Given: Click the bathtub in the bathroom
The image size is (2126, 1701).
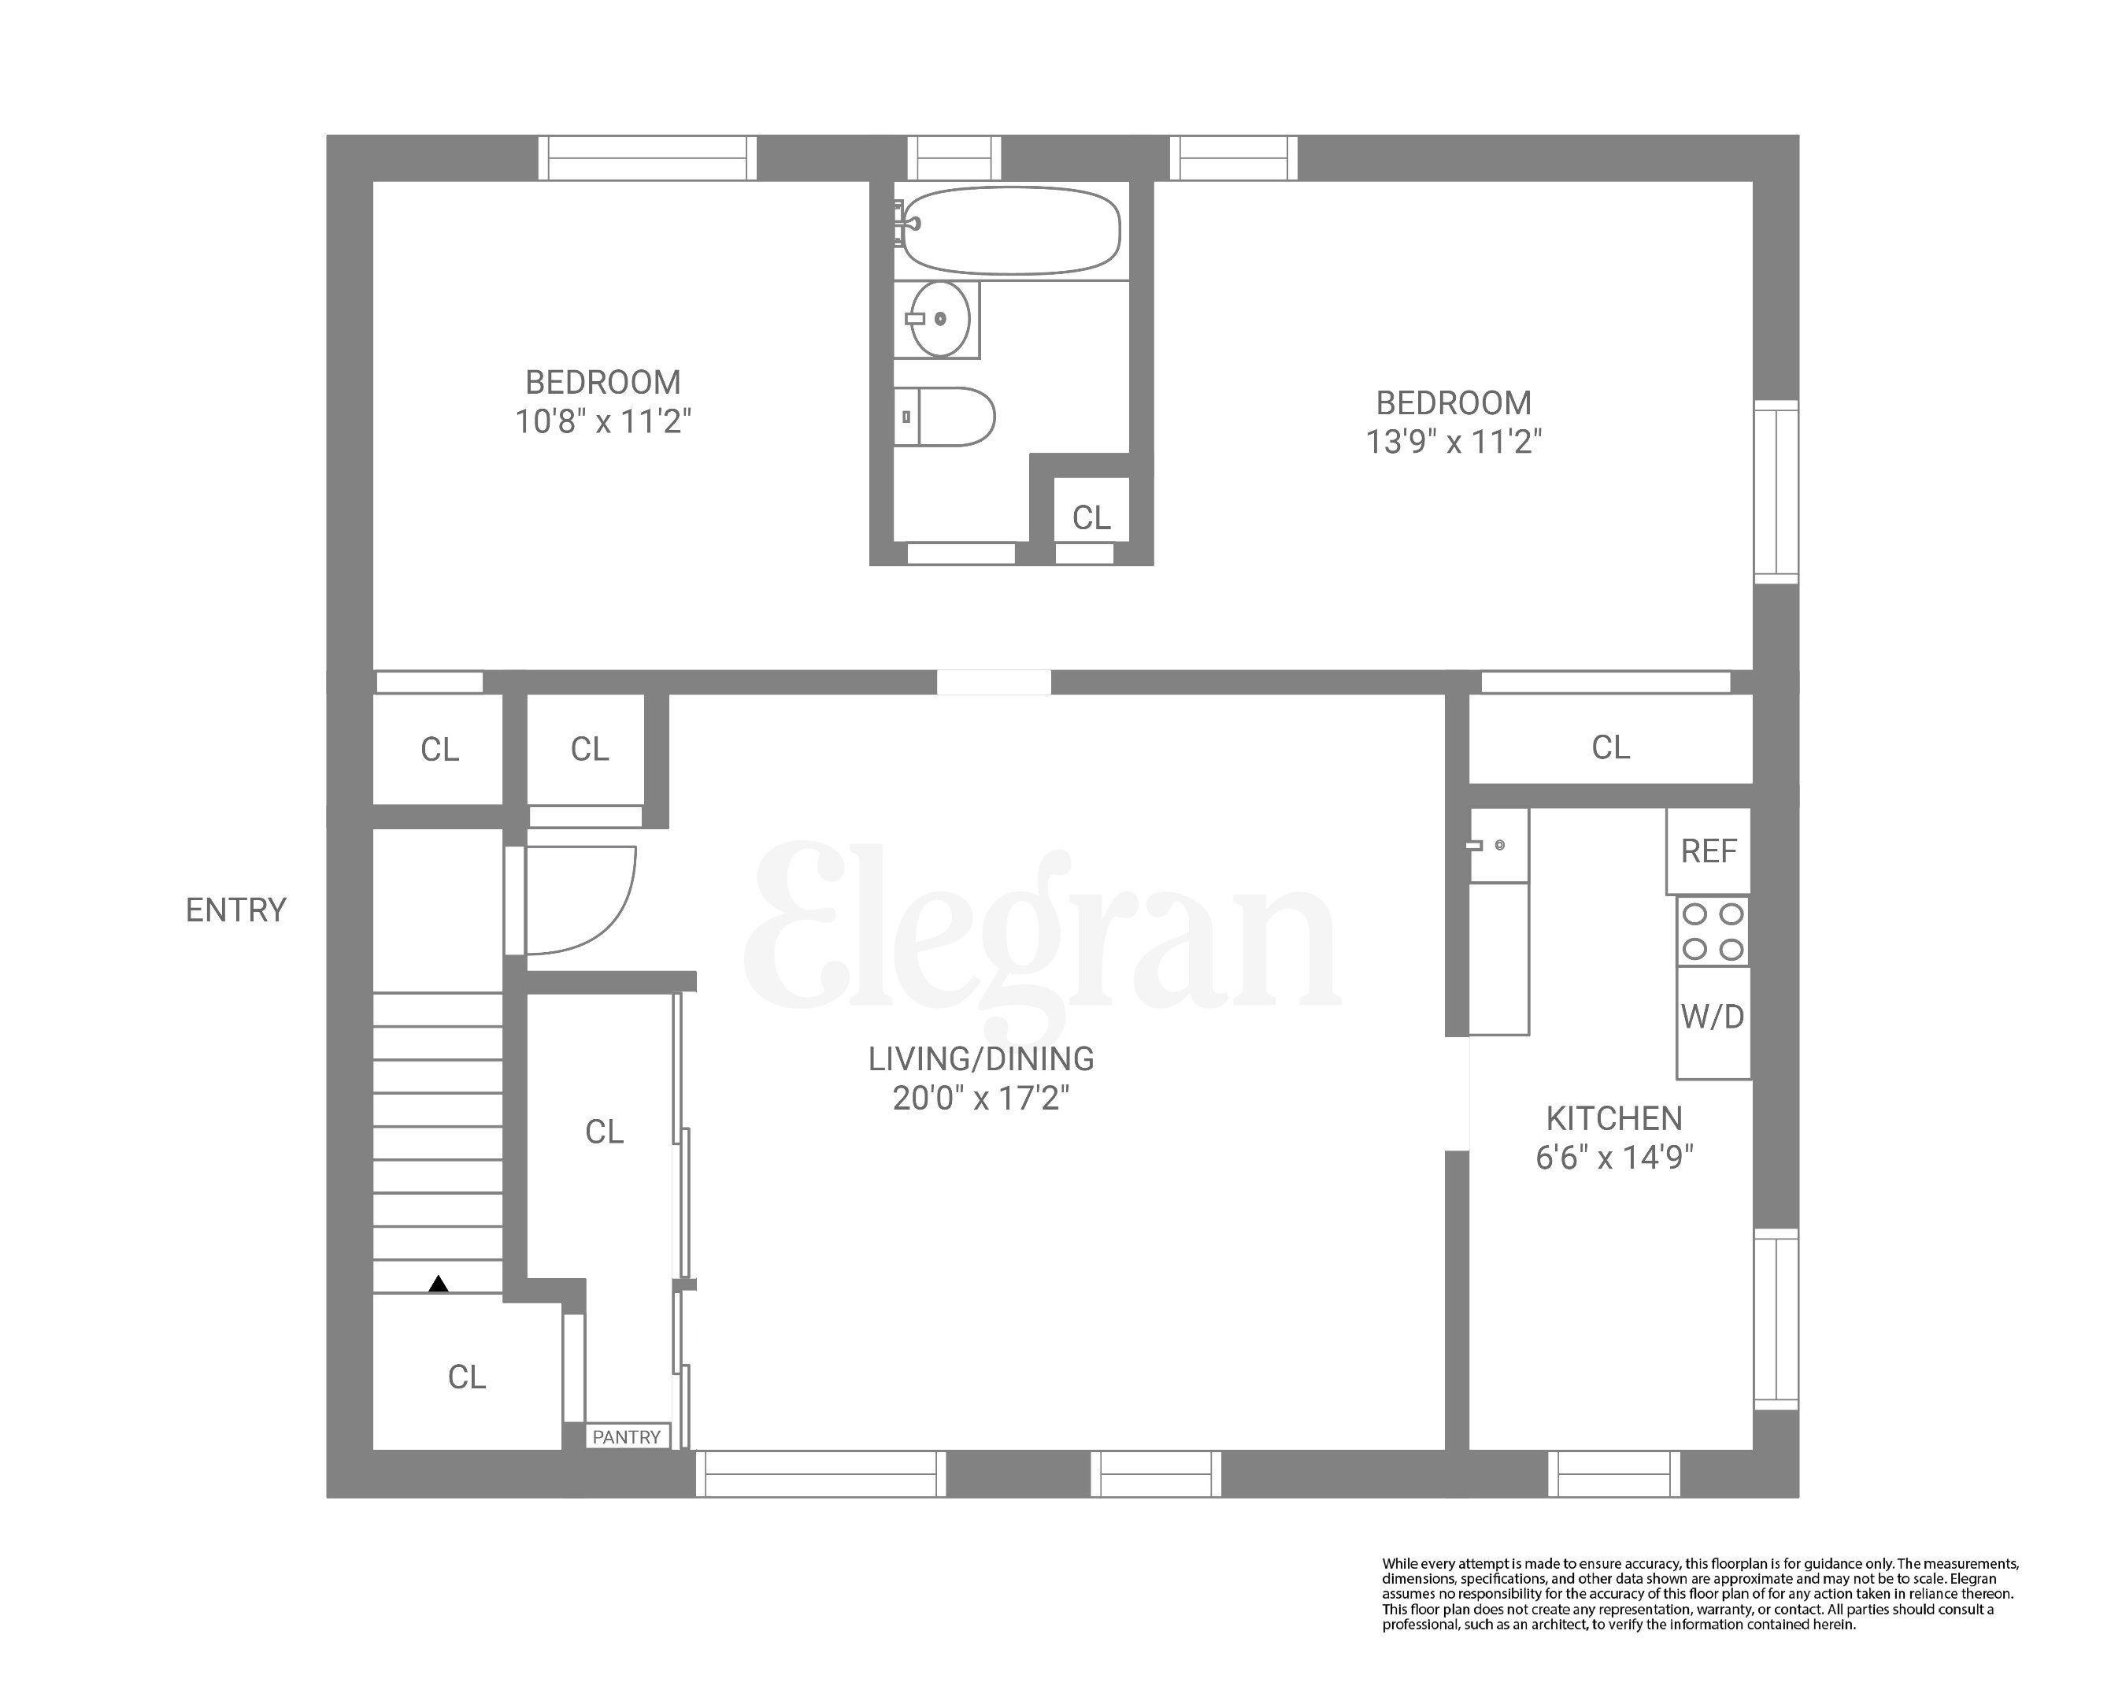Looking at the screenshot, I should point(1012,231).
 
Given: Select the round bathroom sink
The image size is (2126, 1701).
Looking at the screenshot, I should point(939,318).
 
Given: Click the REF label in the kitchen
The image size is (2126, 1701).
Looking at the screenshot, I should point(1709,851).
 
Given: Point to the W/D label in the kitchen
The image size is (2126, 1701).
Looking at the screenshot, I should point(1713,1017).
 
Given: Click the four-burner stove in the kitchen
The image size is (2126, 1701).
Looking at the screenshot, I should point(1713,931).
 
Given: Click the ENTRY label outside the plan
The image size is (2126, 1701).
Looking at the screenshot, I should point(235,910).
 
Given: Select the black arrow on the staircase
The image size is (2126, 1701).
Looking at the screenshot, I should point(439,1284).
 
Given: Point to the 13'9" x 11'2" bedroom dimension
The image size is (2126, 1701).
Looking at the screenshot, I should point(1454,442).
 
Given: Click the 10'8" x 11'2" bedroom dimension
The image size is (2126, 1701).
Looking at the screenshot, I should point(602,422).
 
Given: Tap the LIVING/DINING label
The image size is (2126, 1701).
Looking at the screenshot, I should point(981,1059).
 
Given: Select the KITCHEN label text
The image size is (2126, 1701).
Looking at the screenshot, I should point(1614,1118).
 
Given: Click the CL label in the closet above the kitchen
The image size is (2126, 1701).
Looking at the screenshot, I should point(1610,748).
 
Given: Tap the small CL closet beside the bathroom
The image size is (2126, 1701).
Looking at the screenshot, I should point(1091,517).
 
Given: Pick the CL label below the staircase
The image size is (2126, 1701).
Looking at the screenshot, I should point(466,1377).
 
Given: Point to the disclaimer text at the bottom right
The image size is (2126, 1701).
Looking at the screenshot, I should point(1700,1594).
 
